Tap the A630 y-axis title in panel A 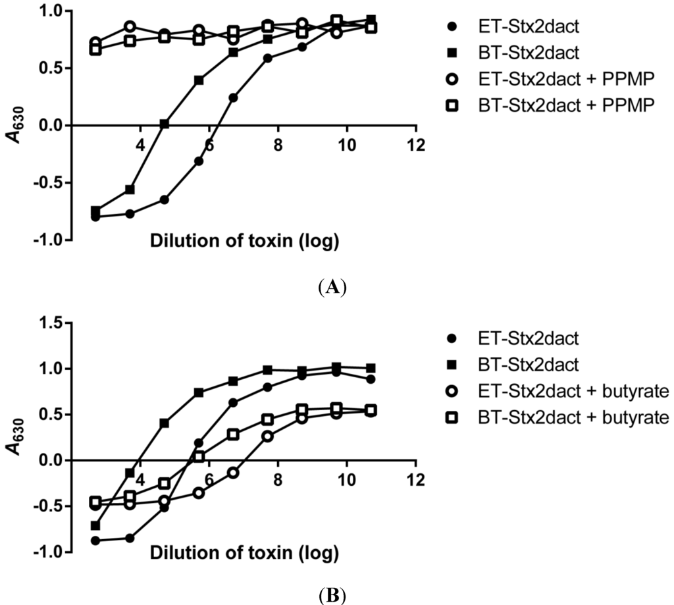tap(14, 125)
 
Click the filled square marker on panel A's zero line tap(165, 124)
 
